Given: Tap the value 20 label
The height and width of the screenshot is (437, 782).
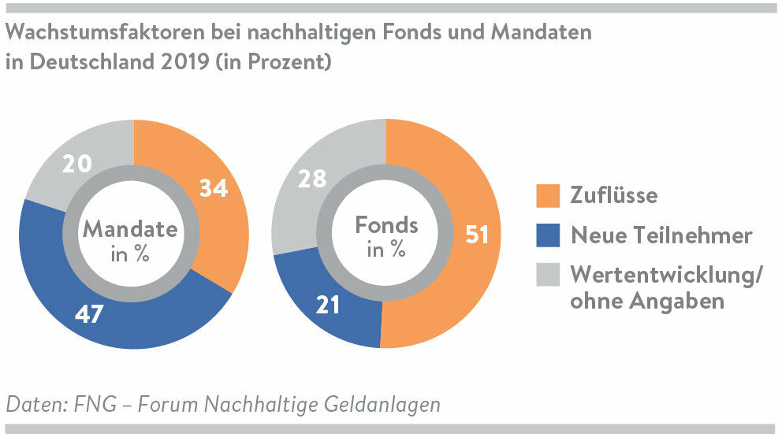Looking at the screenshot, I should (77, 164).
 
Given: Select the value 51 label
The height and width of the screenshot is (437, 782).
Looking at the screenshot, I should (477, 235).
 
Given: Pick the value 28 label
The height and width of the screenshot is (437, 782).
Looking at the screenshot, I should (311, 179).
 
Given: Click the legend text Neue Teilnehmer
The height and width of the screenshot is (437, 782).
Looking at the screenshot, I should (661, 235).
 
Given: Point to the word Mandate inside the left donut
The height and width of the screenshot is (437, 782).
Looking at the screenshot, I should (130, 229).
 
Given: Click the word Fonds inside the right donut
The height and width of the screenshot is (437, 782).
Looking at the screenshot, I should (386, 226).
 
